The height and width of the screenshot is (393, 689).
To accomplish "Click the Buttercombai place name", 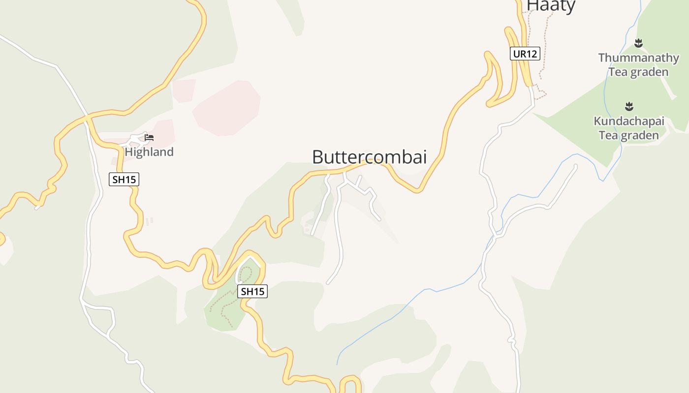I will coord(369,157).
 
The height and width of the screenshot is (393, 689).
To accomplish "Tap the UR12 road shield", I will coord(525,54).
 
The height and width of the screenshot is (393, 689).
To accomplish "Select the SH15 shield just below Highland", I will coord(124,179).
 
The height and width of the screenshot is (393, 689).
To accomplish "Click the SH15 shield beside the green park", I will coord(253,291).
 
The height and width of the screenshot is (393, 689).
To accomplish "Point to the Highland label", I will coord(149,152).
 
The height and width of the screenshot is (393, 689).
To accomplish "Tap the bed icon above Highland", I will coord(149,138).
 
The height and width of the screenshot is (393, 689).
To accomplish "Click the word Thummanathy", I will coord(638,58).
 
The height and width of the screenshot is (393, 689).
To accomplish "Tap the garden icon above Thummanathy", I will coord(638,43).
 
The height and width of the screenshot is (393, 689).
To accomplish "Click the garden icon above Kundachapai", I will coord(629,106).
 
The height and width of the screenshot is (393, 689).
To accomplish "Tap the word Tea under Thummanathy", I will coord(618,72).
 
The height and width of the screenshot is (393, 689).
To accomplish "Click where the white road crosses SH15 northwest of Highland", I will coord(87,117).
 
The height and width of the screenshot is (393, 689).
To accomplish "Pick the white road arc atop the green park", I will coord(250,258).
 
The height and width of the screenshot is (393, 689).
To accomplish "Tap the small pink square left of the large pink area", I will coord(183,90).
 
